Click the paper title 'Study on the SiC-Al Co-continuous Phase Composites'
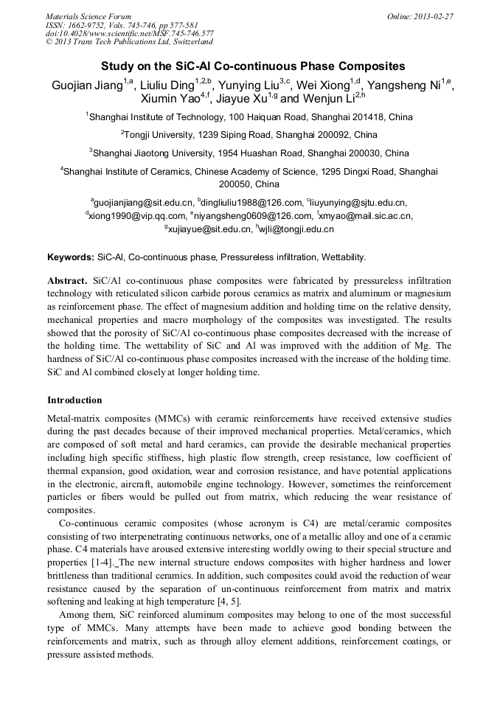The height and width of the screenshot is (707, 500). point(249,66)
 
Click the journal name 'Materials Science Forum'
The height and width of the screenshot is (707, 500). point(88,16)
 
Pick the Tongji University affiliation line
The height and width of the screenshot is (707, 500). point(251,135)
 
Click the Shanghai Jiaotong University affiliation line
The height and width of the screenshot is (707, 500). point(251,153)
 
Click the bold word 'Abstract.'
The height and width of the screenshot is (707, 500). point(68,282)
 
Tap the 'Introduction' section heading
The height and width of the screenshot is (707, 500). point(74,400)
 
